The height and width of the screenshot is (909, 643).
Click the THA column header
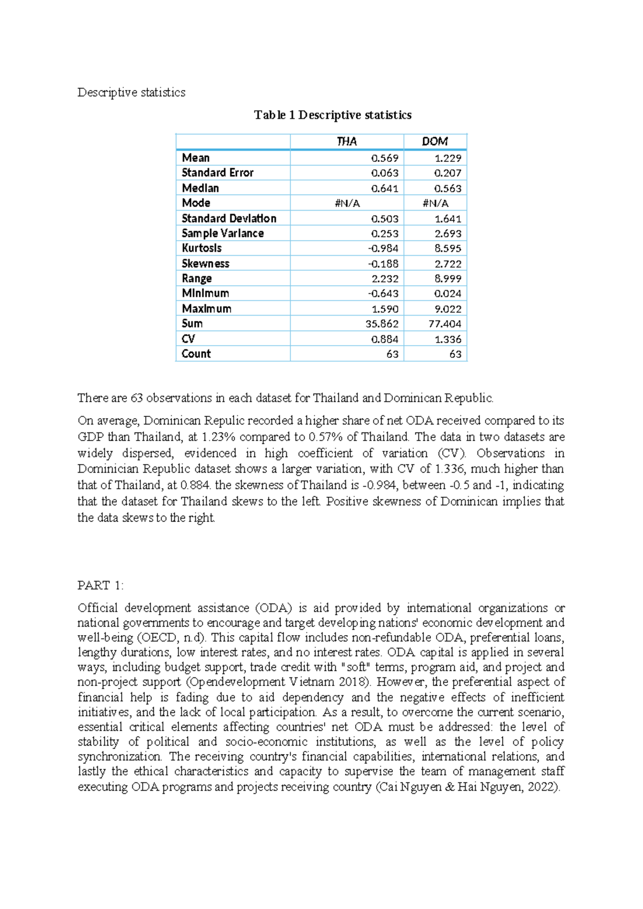coord(347,141)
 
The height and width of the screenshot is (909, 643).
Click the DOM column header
coord(435,141)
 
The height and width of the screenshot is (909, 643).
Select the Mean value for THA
coord(385,158)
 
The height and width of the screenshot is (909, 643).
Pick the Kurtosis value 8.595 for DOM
coord(448,249)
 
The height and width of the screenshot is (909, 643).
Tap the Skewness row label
coord(205,264)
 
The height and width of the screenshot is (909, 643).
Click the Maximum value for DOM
coord(448,309)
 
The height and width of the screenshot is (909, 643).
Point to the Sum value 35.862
coord(382,324)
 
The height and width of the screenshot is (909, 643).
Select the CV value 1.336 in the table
coord(448,339)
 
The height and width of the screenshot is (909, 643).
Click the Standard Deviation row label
coord(229,219)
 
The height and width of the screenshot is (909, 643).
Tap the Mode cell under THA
coord(347,204)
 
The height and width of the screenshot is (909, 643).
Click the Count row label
coord(196,354)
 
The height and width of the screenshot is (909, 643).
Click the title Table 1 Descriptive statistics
coord(333,115)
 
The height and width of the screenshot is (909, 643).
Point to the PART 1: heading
coord(100,585)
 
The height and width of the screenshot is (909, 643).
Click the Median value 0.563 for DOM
coord(448,189)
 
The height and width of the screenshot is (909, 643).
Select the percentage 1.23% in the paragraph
coord(219,437)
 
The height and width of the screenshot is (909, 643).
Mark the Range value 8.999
coord(448,279)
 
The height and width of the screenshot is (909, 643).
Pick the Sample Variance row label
coord(222,234)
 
